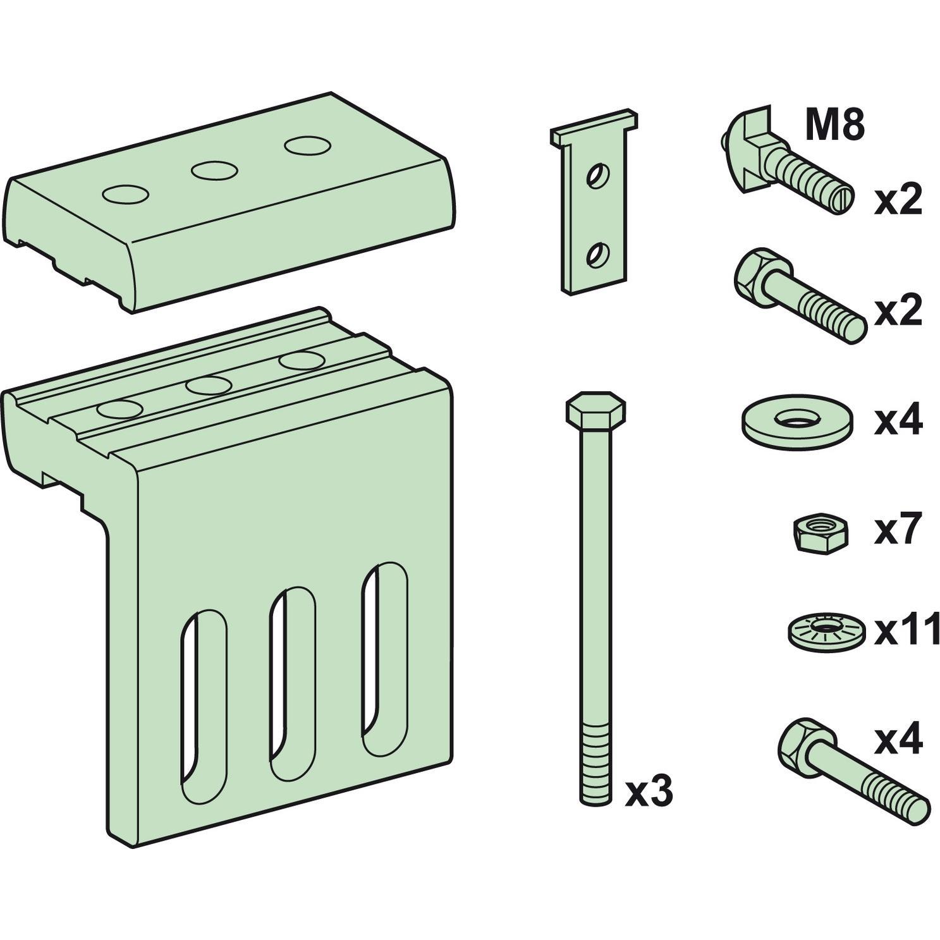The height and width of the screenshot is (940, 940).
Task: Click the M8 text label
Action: tap(834, 126)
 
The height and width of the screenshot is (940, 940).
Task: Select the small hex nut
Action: tap(819, 532)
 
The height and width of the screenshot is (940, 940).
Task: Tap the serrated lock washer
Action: tap(826, 630)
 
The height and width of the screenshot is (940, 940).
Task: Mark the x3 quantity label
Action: tap(649, 791)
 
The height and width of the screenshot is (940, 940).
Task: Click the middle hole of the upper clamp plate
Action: tap(215, 171)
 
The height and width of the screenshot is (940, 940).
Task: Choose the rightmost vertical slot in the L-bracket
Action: tap(384, 657)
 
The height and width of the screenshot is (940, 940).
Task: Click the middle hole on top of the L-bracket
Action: tap(209, 386)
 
